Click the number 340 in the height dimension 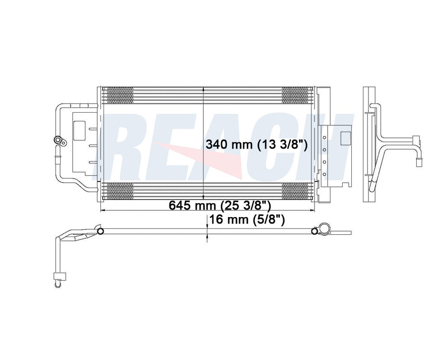pos(216,145)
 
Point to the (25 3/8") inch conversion pos(245,206)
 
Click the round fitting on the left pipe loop pos(57,141)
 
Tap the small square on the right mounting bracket pos(345,137)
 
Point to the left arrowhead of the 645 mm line pos(101,211)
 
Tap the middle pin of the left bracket pos(93,145)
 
